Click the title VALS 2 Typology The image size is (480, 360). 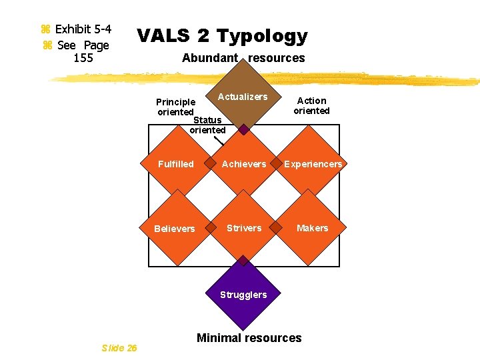(222, 36)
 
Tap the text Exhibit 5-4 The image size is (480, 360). (83, 29)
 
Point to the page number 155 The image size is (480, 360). (83, 58)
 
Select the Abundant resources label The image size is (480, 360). (243, 58)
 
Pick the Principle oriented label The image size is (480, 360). (175, 107)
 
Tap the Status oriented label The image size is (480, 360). (207, 125)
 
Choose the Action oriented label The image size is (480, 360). (311, 106)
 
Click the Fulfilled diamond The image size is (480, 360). (176, 164)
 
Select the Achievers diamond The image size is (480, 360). (244, 164)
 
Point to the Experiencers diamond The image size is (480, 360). (313, 164)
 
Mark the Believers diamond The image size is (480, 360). (175, 229)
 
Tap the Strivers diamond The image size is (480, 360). (244, 228)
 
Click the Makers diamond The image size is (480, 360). (313, 228)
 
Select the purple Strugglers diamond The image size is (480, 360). (244, 295)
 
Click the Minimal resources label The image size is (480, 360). (249, 338)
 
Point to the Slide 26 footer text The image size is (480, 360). (119, 347)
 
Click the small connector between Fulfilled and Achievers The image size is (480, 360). (210, 163)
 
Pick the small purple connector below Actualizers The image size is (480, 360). (244, 129)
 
